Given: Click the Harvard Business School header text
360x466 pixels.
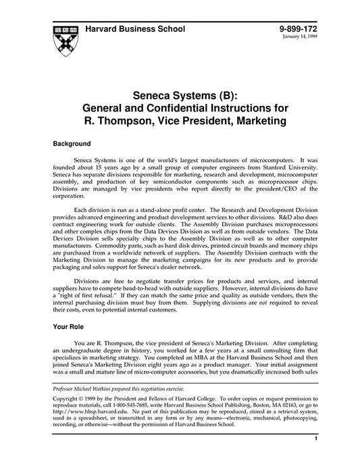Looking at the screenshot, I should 135,30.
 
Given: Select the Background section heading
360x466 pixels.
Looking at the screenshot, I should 72,144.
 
